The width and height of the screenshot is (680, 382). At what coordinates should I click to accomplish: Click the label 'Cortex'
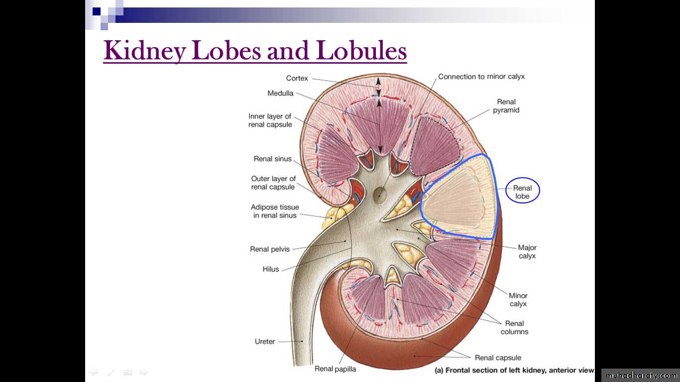(x=297, y=78)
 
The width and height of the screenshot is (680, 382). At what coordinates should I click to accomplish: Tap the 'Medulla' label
(x=280, y=93)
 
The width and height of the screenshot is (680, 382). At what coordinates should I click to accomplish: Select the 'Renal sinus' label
(x=272, y=159)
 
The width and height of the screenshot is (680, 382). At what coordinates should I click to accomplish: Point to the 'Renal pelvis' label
(x=270, y=249)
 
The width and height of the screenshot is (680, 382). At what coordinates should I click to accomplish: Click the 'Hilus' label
(x=270, y=269)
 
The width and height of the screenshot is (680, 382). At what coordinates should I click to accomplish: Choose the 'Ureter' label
(x=265, y=341)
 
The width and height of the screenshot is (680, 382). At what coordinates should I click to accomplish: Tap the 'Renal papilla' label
(x=335, y=369)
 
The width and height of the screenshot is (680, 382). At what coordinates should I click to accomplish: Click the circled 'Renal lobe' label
(x=522, y=192)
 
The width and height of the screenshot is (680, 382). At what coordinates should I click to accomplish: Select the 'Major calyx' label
(x=527, y=252)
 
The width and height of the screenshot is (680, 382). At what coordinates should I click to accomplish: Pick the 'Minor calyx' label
(x=518, y=299)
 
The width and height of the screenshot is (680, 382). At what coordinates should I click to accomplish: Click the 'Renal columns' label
(x=514, y=327)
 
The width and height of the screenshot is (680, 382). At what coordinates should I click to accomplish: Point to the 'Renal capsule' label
(x=498, y=358)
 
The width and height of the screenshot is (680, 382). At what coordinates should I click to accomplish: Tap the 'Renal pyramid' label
(x=506, y=106)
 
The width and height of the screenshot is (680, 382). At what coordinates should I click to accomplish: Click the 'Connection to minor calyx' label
(x=481, y=77)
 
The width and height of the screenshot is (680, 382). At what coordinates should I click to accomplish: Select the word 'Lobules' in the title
(x=361, y=50)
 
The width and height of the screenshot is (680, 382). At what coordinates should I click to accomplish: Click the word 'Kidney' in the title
(x=145, y=51)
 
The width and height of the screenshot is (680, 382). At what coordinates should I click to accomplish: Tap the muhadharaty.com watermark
(x=641, y=376)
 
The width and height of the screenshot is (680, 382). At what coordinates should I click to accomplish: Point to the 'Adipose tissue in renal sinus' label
(x=275, y=211)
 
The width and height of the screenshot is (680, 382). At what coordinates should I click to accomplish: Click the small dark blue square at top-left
(x=97, y=11)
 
